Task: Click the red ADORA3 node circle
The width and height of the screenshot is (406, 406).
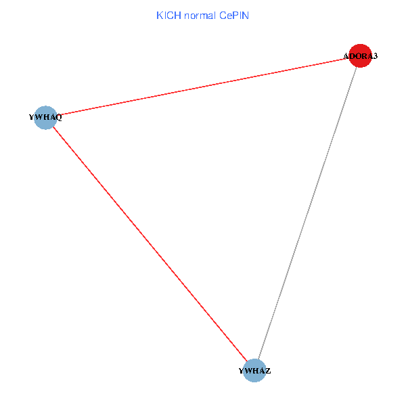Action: coord(360,56)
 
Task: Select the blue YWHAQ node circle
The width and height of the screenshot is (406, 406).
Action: coord(45,117)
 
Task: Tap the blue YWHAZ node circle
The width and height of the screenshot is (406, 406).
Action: coord(254,370)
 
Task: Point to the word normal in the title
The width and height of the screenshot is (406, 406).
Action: coord(200,15)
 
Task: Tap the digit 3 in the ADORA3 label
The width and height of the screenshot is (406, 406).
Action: coord(375,56)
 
